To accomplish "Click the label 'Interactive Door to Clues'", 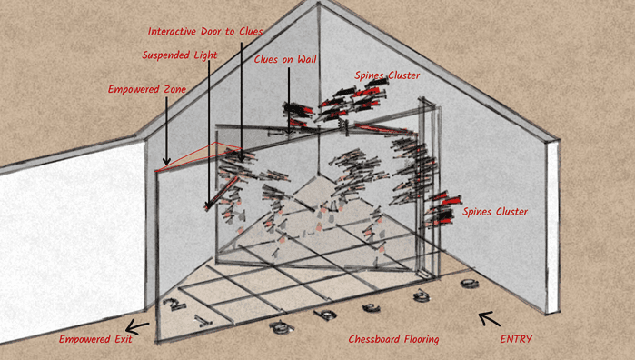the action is point(205,31).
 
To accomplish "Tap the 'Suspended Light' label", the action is point(180,55).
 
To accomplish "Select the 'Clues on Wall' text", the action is point(285,59).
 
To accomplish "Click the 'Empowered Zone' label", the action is point(147,89).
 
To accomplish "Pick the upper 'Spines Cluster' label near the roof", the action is point(387,75).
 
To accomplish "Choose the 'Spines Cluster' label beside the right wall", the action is point(495,212).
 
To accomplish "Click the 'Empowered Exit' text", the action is point(95,339).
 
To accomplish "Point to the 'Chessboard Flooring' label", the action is point(393,339).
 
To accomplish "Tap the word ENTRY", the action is point(516,339).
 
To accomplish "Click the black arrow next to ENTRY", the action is point(490,319).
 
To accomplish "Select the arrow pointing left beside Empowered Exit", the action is point(137,326).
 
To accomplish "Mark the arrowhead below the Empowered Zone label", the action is point(166,161).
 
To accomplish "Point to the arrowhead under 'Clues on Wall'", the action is point(289,131).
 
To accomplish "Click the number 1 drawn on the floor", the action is point(203,321).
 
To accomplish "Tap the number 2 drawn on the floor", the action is point(174,304).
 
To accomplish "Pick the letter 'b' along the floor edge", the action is point(325,315).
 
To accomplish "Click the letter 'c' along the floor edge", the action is point(371,308).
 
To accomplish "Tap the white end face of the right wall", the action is point(553,227).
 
